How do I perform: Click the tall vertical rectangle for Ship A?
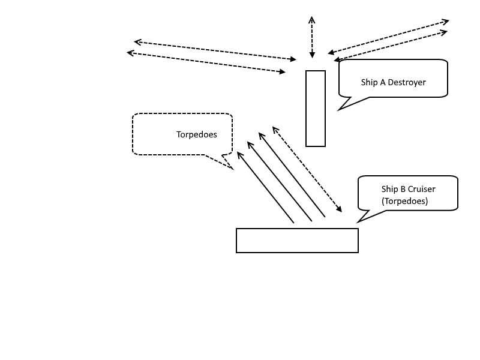pos(316,109)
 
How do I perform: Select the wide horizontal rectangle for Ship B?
pos(297,241)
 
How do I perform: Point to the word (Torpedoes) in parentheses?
pos(405,201)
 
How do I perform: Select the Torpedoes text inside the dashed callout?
pos(197,134)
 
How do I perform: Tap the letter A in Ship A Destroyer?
pos(382,82)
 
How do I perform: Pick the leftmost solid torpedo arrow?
pos(265,187)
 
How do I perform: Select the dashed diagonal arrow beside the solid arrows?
pos(307,169)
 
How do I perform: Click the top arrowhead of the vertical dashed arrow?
pos(311,19)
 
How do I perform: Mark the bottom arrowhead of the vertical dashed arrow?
pos(312,55)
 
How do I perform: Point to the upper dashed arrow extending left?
pos(215,50)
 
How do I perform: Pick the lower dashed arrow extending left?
pos(206,62)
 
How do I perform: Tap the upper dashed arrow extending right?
pos(388,37)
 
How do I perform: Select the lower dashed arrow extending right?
pos(391,46)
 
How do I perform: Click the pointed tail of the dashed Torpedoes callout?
pos(232,169)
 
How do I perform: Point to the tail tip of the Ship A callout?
pos(339,110)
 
